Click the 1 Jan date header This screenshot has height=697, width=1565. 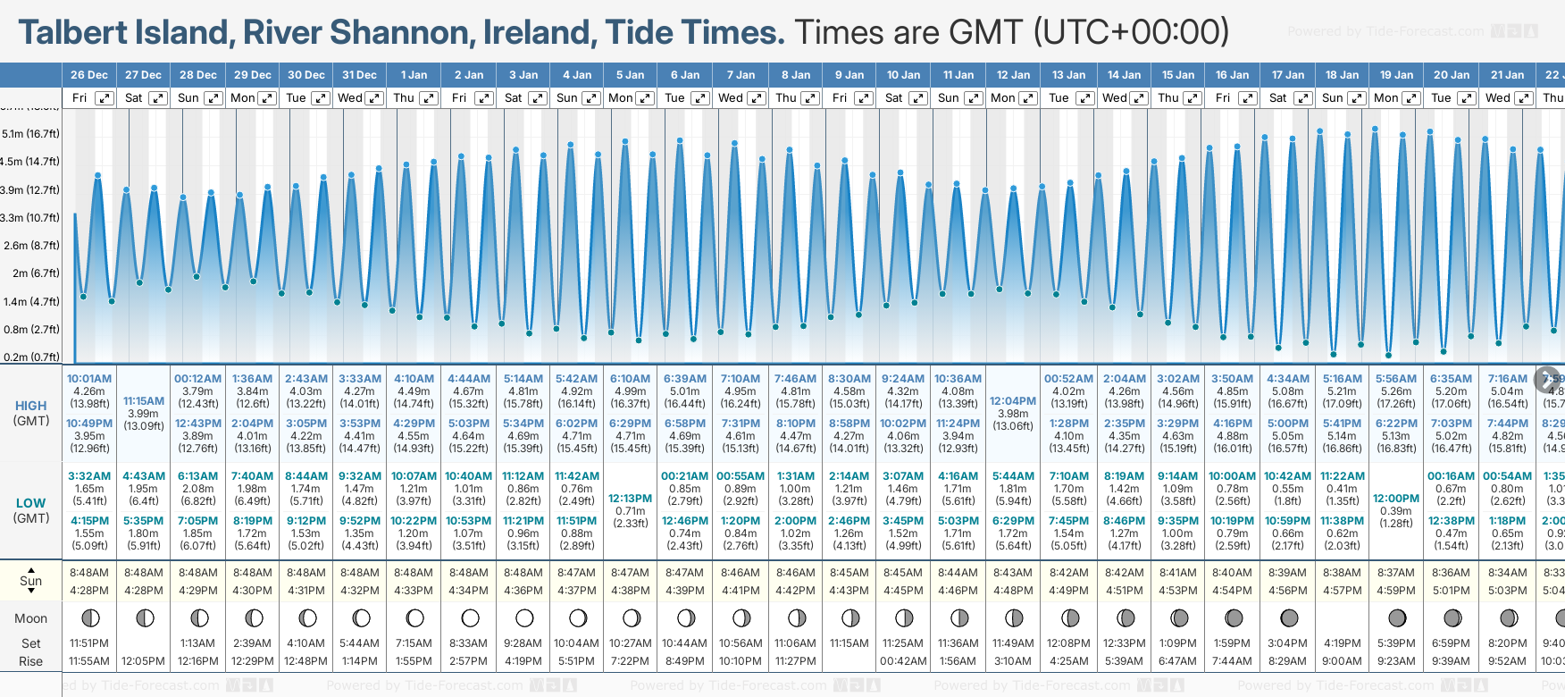pos(414,75)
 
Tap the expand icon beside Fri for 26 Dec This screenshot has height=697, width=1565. pos(105,98)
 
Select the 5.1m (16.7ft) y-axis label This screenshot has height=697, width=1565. pos(31,134)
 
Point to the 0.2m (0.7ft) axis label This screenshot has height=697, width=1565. pos(31,357)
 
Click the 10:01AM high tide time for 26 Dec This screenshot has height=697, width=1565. pos(89,379)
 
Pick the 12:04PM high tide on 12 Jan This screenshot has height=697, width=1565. pos(1013,401)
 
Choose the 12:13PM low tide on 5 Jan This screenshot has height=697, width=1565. pos(630,499)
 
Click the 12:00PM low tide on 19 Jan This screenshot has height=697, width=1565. pos(1396,499)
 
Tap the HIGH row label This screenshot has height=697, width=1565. pos(31,406)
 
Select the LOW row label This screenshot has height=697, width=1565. pos(31,503)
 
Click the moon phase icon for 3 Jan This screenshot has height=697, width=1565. pos(524,618)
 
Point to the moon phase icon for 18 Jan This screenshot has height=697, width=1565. pos(1343,618)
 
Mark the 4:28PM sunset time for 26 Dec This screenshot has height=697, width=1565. pos(89,591)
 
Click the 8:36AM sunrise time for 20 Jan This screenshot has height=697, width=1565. pos(1451,573)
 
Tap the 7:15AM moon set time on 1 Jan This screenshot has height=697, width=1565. pos(414,643)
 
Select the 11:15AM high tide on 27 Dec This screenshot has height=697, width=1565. pos(144,401)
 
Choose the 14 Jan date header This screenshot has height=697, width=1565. pos(1124,75)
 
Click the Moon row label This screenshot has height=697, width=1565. pos(31,618)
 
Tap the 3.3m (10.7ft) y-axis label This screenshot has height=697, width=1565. pos(31,218)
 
